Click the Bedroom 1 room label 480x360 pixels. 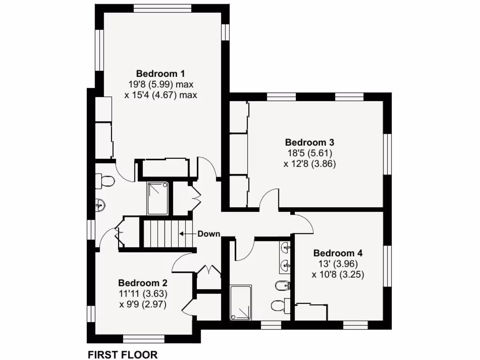pos(160,74)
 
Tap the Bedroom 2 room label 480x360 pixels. pos(142,283)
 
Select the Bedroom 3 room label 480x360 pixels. pos(309,142)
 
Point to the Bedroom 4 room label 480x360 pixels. pos(337,253)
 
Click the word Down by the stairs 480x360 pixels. pos(209,233)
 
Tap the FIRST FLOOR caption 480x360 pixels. pos(123,354)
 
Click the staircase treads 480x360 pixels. pos(161,234)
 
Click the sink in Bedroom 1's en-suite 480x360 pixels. pos(100,205)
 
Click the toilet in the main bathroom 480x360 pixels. pos(280,305)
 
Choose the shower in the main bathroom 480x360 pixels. pos(241,303)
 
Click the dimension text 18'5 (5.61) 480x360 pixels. pos(309,153)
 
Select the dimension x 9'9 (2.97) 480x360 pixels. pos(142,304)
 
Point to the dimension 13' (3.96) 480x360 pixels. pos(337,264)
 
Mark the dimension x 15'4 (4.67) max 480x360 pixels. pos(160,95)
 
